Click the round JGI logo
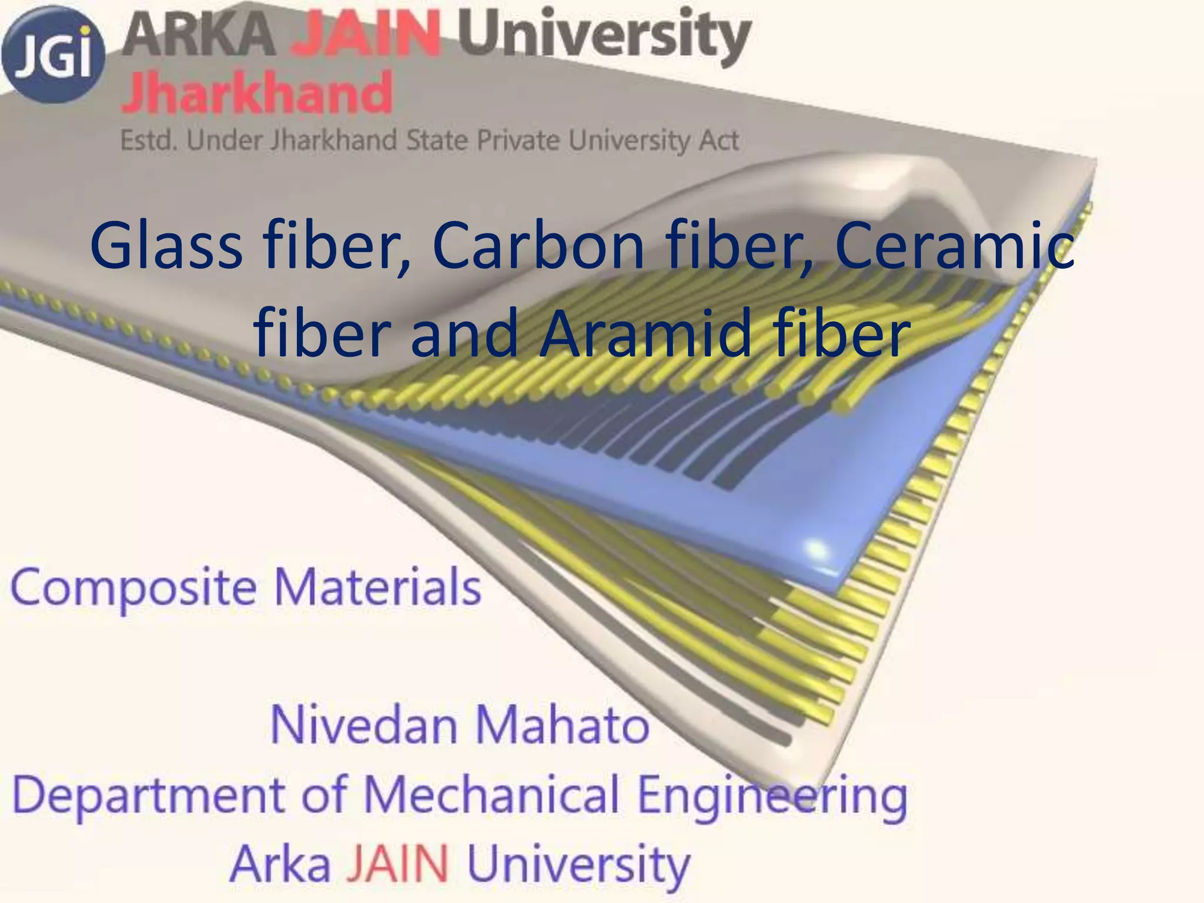53,56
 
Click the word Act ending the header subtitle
717,141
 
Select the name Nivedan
364,725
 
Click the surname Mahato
561,725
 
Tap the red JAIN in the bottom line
398,864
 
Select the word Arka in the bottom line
280,864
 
